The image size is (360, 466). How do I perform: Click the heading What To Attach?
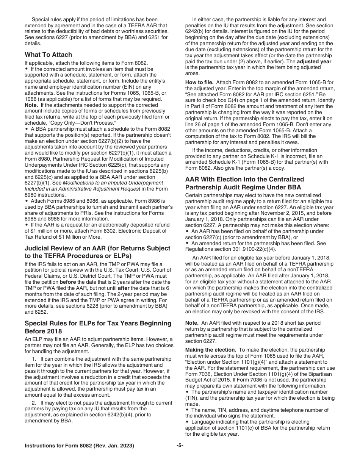click(x=48, y=55)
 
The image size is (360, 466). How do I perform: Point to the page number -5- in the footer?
click(x=180, y=446)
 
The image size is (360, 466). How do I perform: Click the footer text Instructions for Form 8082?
click(x=79, y=446)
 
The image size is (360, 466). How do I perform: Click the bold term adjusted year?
click(x=314, y=61)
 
